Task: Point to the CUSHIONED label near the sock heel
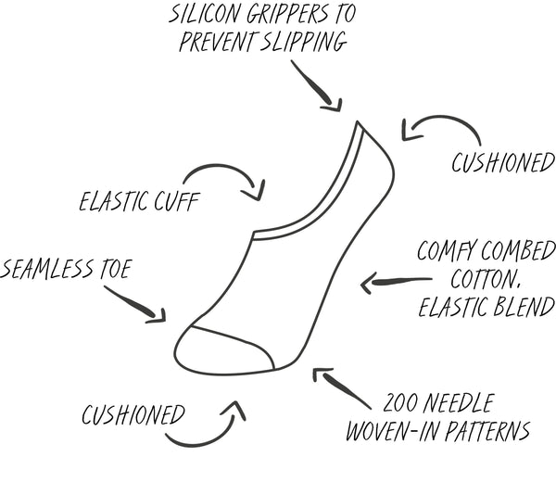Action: point(502,164)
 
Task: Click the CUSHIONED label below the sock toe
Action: point(133,414)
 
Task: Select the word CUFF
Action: point(177,201)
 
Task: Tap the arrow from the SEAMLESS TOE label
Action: point(136,304)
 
